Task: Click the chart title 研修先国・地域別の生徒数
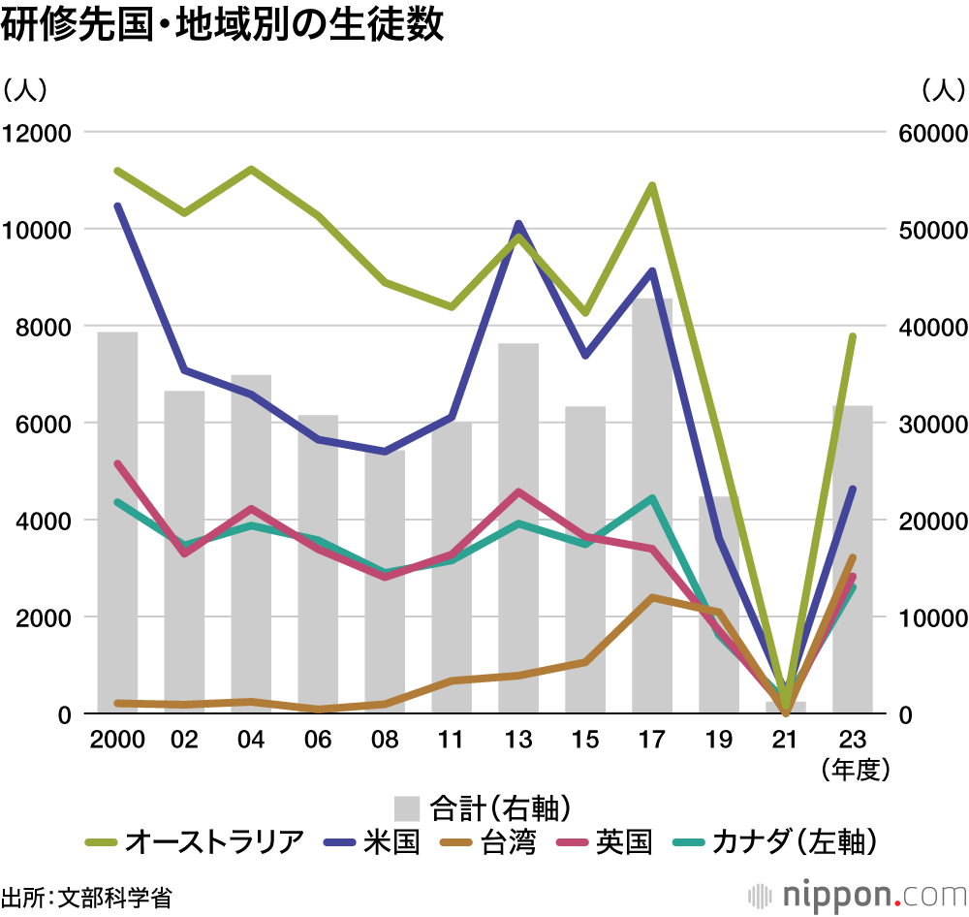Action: click(223, 25)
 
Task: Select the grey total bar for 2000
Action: click(117, 523)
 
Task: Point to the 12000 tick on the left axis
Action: click(37, 133)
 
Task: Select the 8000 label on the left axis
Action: click(44, 327)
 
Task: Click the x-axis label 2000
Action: click(117, 741)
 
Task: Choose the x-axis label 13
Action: click(518, 741)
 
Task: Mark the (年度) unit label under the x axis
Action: click(854, 771)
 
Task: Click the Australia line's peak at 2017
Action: click(652, 185)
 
